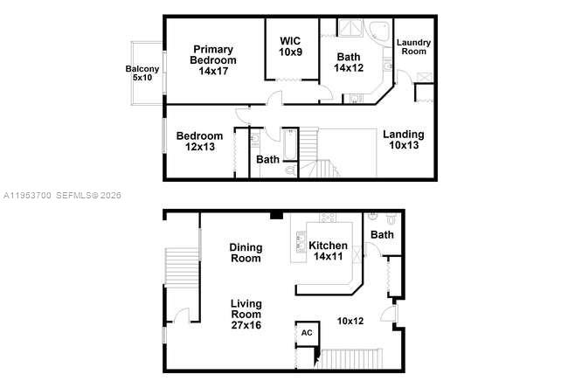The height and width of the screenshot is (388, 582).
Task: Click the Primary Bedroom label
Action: click(214, 60)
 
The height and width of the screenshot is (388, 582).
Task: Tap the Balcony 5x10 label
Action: click(142, 73)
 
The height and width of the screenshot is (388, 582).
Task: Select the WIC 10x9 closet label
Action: click(291, 46)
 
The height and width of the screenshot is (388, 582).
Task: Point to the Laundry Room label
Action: click(413, 46)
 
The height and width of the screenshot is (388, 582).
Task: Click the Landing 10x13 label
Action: click(404, 140)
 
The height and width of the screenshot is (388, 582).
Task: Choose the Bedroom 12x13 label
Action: click(199, 142)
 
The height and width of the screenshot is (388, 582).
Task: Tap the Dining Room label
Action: click(246, 253)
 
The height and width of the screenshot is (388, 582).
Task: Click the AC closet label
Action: click(307, 333)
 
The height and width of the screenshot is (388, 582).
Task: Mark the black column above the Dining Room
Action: click(276, 215)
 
